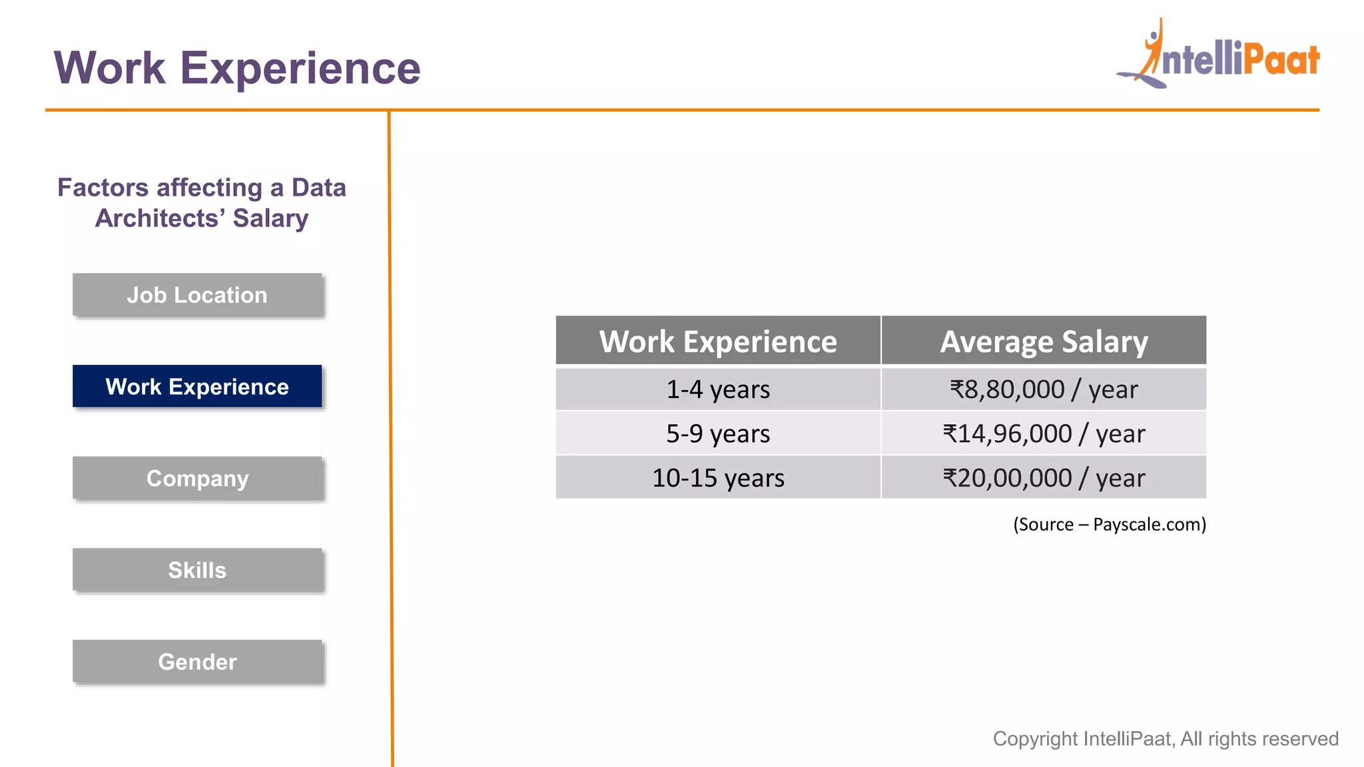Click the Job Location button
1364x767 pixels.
click(x=197, y=295)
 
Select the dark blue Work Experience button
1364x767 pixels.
click(x=197, y=386)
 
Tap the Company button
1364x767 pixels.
click(x=197, y=478)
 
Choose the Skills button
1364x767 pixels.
click(x=197, y=570)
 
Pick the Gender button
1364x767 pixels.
click(x=197, y=662)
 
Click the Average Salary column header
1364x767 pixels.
click(x=1044, y=341)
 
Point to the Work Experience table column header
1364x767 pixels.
click(x=718, y=341)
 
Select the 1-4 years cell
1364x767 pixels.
click(x=718, y=389)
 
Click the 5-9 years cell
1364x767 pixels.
click(x=718, y=433)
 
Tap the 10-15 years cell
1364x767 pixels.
click(x=718, y=478)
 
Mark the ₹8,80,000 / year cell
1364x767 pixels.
click(x=1044, y=389)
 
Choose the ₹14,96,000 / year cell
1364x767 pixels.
click(x=1044, y=433)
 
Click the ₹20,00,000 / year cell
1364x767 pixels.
click(x=1044, y=478)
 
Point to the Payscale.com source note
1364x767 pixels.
click(x=1110, y=525)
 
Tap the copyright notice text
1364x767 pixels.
click(x=1166, y=739)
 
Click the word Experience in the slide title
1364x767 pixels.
click(x=300, y=68)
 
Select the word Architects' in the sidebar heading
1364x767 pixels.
click(x=160, y=218)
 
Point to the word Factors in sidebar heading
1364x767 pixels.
click(x=103, y=188)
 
